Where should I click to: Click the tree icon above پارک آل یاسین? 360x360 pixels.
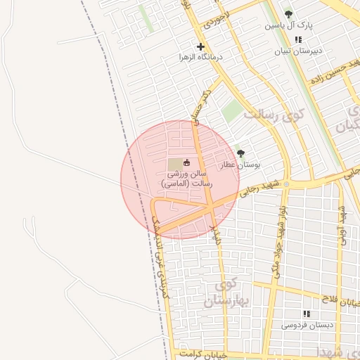(x=288, y=13)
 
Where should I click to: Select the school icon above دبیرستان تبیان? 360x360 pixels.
(x=299, y=39)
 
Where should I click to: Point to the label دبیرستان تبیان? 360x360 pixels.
(x=298, y=51)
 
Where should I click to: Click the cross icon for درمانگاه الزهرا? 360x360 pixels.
(x=200, y=46)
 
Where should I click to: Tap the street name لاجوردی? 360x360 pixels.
(x=214, y=19)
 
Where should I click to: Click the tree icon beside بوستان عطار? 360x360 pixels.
(x=240, y=153)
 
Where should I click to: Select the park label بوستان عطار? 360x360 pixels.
(x=239, y=165)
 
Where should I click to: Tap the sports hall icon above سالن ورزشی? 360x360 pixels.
(x=186, y=163)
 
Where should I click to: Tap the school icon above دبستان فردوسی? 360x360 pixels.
(x=306, y=314)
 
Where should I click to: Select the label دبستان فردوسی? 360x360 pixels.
(x=305, y=325)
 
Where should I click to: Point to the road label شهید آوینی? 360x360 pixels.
(x=342, y=224)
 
